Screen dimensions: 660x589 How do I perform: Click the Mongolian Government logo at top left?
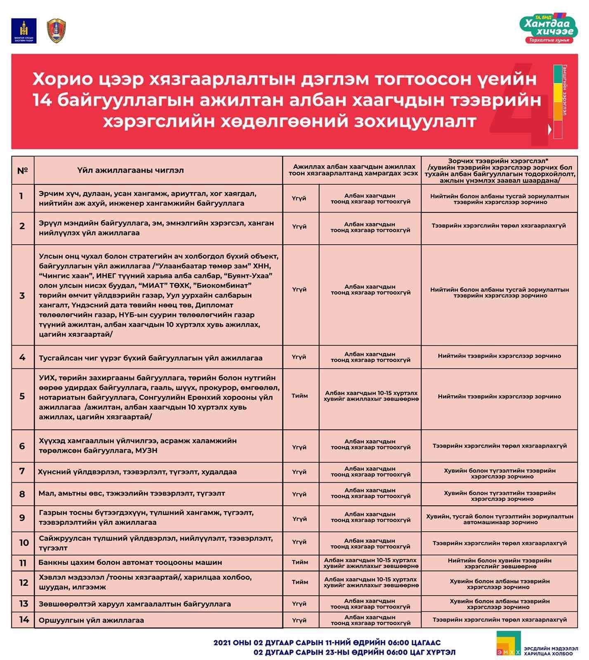point(24,31)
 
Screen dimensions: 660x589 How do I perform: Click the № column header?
point(23,170)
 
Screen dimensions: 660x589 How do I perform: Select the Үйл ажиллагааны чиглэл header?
point(130,170)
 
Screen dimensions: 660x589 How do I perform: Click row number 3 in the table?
point(22,295)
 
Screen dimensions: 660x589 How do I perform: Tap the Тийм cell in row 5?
point(300,396)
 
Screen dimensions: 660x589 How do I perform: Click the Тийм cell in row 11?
point(300,563)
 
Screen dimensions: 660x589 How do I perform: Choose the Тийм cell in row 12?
point(300,582)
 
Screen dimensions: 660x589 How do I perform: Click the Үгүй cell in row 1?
point(299,198)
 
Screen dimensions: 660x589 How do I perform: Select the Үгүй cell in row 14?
point(299,620)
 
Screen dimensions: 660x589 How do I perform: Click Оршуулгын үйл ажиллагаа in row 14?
point(91,620)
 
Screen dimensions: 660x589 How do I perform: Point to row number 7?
point(22,471)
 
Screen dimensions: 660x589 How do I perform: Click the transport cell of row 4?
point(499,356)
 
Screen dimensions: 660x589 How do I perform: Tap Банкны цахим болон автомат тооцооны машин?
point(130,562)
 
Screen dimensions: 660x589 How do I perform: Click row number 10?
point(24,542)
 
